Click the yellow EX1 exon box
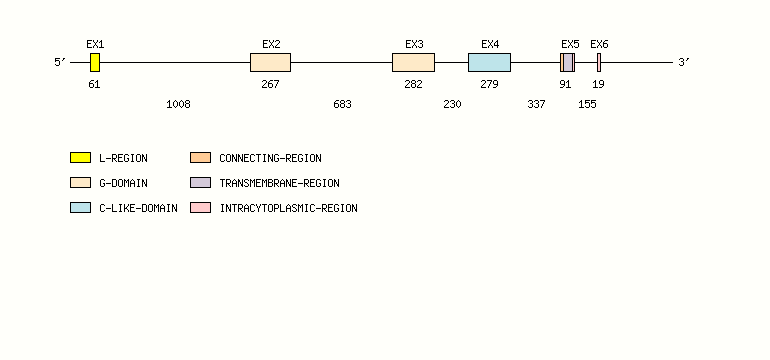coord(95,62)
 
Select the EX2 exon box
coord(270,62)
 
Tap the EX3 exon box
coord(413,62)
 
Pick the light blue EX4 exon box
coord(489,62)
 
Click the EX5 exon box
coord(567,62)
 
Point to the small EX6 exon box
coord(599,62)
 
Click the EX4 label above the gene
coord(490,44)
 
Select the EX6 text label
coord(599,44)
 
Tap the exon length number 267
coord(270,84)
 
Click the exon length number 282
coord(413,84)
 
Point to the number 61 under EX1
coord(94,84)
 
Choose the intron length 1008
coord(178,104)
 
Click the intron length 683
coord(342,104)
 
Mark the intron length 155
coord(587,104)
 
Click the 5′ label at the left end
coord(60,63)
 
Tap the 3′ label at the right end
coord(684,63)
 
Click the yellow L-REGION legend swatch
coord(80,157)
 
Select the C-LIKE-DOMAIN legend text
coord(138,208)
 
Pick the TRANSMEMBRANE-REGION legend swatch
coord(200,183)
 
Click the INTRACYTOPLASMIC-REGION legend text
coord(288,208)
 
